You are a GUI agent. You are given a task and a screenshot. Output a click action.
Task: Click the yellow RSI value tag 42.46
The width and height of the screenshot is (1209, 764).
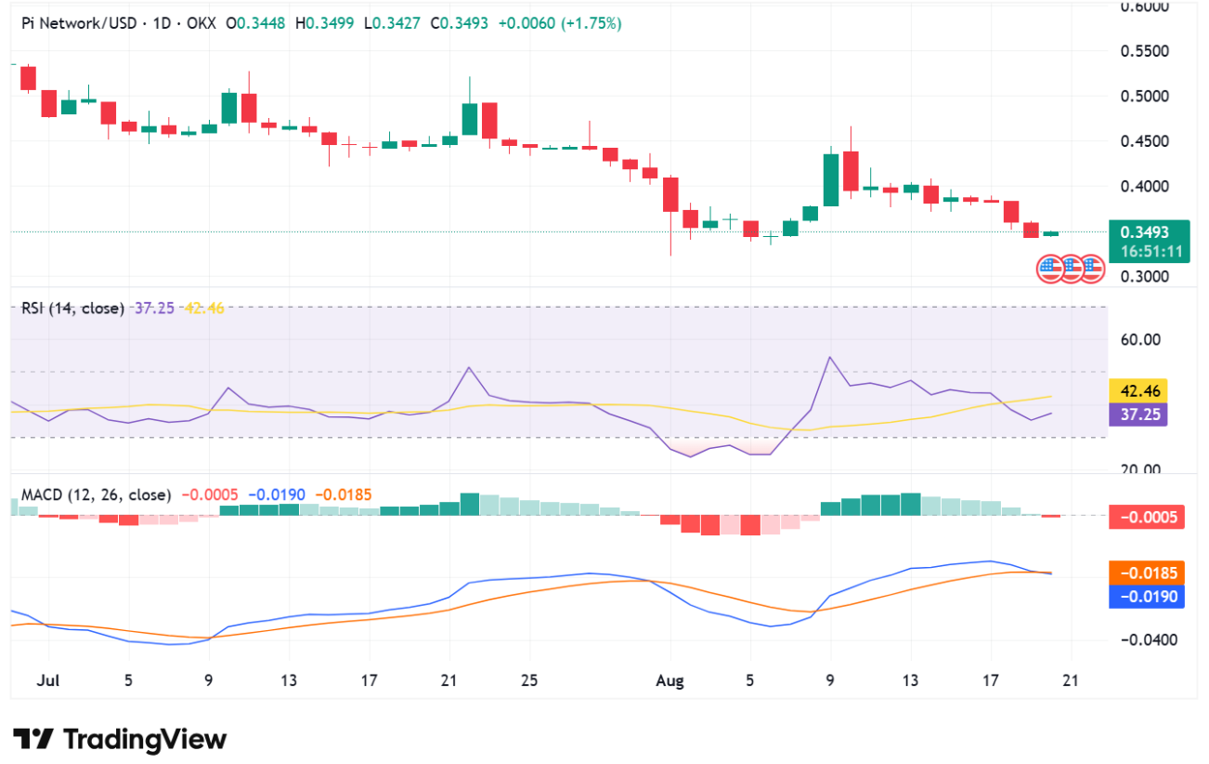(x=1137, y=390)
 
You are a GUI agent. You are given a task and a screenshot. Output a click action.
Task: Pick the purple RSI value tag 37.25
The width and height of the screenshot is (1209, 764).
(x=1137, y=415)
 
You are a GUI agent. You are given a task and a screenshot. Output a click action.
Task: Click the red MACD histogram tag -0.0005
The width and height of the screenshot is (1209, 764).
(x=1147, y=518)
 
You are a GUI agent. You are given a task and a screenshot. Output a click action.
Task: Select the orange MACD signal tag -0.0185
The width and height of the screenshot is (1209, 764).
(x=1147, y=573)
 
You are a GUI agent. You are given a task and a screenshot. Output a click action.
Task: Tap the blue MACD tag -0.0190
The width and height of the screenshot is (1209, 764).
(x=1147, y=597)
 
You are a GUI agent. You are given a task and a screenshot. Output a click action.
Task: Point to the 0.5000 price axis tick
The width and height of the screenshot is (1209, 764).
(x=1146, y=96)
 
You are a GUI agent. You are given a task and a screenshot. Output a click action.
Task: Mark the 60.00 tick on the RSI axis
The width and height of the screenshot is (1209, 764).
(x=1141, y=339)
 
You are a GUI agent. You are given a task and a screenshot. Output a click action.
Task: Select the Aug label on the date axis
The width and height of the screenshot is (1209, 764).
(x=669, y=680)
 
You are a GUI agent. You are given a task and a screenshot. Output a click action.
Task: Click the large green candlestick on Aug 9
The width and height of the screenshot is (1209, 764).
(x=830, y=179)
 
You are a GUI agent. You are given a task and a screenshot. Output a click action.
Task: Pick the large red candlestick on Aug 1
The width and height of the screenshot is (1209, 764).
(x=669, y=193)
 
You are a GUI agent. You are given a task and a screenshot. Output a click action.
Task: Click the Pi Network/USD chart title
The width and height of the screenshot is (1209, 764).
(x=74, y=23)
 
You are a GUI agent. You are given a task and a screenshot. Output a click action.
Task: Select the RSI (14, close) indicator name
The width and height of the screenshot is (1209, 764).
(x=72, y=308)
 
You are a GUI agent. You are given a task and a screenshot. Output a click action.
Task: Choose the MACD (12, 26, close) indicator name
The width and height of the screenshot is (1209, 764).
(x=97, y=495)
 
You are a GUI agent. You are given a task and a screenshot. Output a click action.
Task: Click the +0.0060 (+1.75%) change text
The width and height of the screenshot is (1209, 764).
(x=559, y=23)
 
